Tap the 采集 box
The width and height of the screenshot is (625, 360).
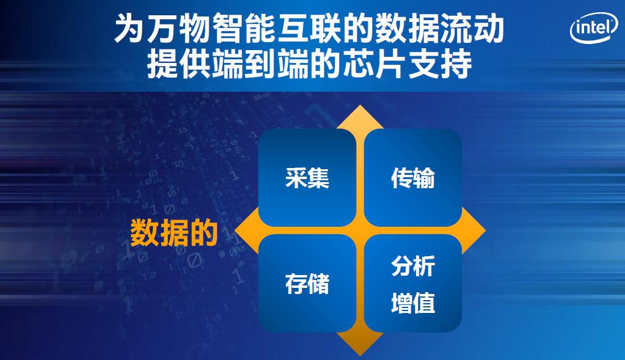point(307,177)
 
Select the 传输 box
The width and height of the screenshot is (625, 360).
point(413,177)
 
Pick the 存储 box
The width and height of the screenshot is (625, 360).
point(307,284)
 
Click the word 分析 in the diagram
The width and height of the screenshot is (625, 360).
point(413,266)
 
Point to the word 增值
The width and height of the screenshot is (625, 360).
point(413,303)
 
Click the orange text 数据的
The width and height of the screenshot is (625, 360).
point(174,232)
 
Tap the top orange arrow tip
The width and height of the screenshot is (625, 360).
point(360,105)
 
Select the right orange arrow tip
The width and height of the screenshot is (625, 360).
point(486,230)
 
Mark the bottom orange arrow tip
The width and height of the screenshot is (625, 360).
point(360,356)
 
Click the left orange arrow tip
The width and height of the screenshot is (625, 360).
point(235,230)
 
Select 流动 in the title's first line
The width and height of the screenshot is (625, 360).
point(472,29)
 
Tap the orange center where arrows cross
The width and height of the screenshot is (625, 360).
point(360,230)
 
